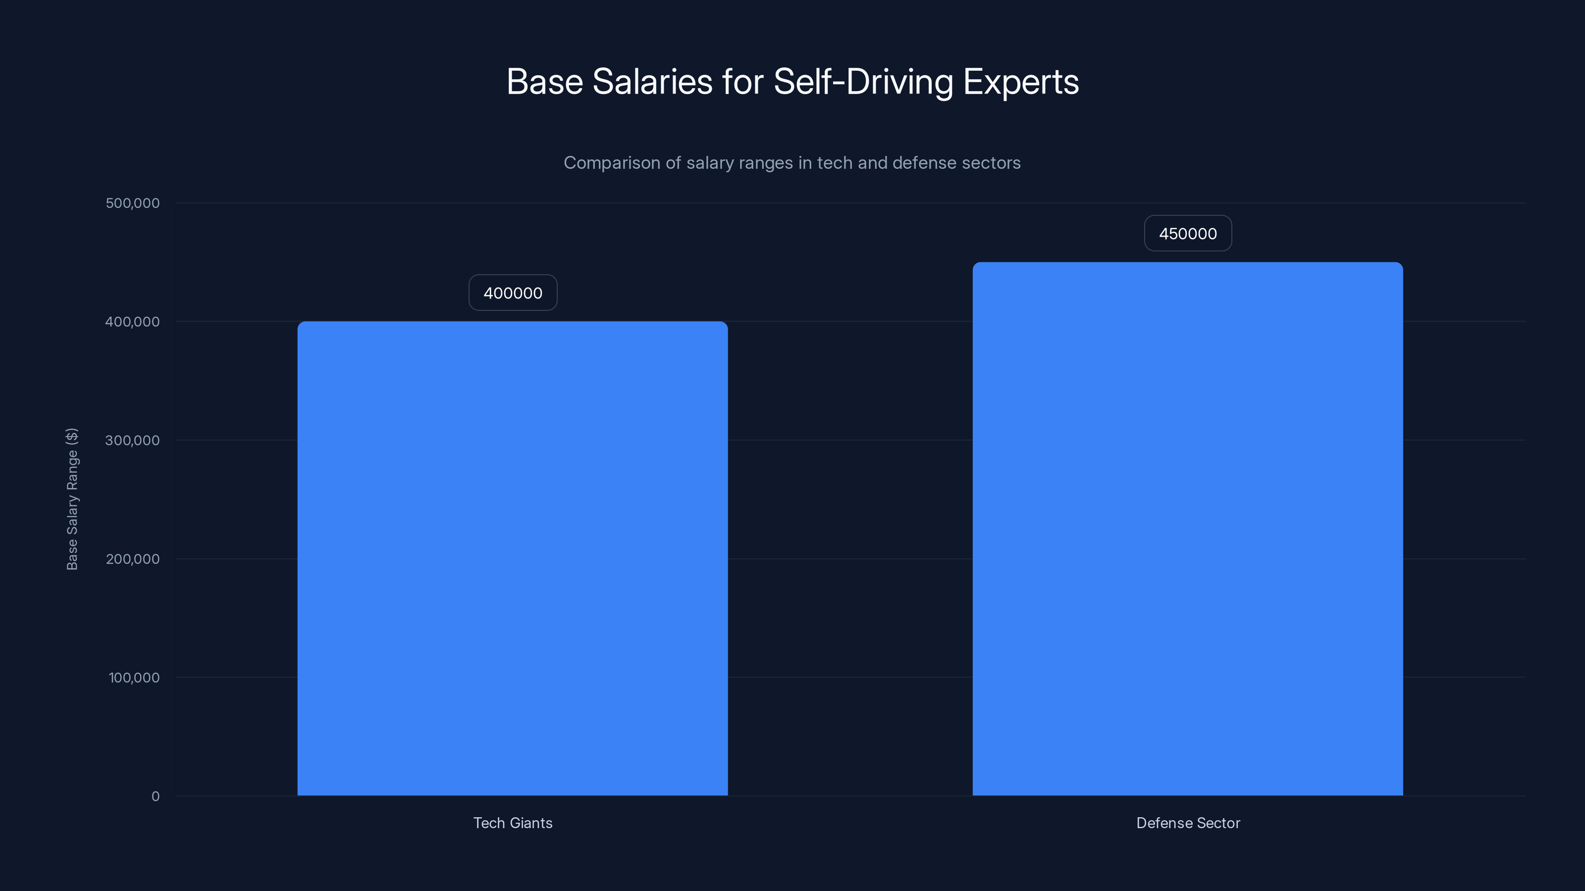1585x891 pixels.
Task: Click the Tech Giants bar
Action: [513, 558]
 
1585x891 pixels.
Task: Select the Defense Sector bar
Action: [1188, 529]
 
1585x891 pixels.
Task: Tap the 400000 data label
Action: [513, 293]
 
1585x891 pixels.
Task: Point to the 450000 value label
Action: [1188, 234]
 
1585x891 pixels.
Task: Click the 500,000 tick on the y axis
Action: [132, 203]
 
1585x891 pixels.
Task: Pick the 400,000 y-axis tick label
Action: [132, 322]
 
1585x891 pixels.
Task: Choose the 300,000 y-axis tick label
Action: [132, 440]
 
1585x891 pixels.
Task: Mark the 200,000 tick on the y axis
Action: [132, 559]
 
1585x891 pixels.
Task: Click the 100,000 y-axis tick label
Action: [134, 678]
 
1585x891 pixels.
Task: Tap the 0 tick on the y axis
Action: [155, 796]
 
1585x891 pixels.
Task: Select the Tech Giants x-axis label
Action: [513, 823]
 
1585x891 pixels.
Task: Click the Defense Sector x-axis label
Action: [1188, 823]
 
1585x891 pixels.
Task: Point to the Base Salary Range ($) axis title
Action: [72, 498]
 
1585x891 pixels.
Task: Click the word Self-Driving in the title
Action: [863, 82]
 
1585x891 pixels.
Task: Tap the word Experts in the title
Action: [1021, 82]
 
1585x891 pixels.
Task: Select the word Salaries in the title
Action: [652, 82]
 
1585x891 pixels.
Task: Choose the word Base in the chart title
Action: [544, 82]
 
